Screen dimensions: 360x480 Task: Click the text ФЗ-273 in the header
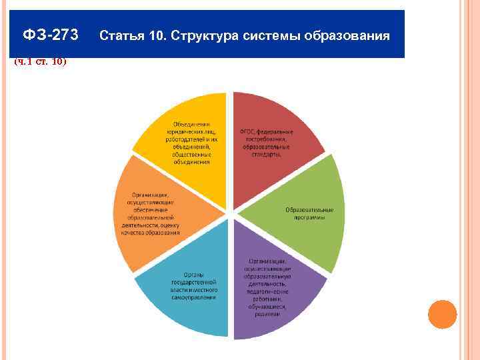tap(50, 35)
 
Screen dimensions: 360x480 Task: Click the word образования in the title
tap(347, 35)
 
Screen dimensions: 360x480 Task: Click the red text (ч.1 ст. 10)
tap(40, 62)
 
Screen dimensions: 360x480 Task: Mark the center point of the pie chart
tap(229, 215)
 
